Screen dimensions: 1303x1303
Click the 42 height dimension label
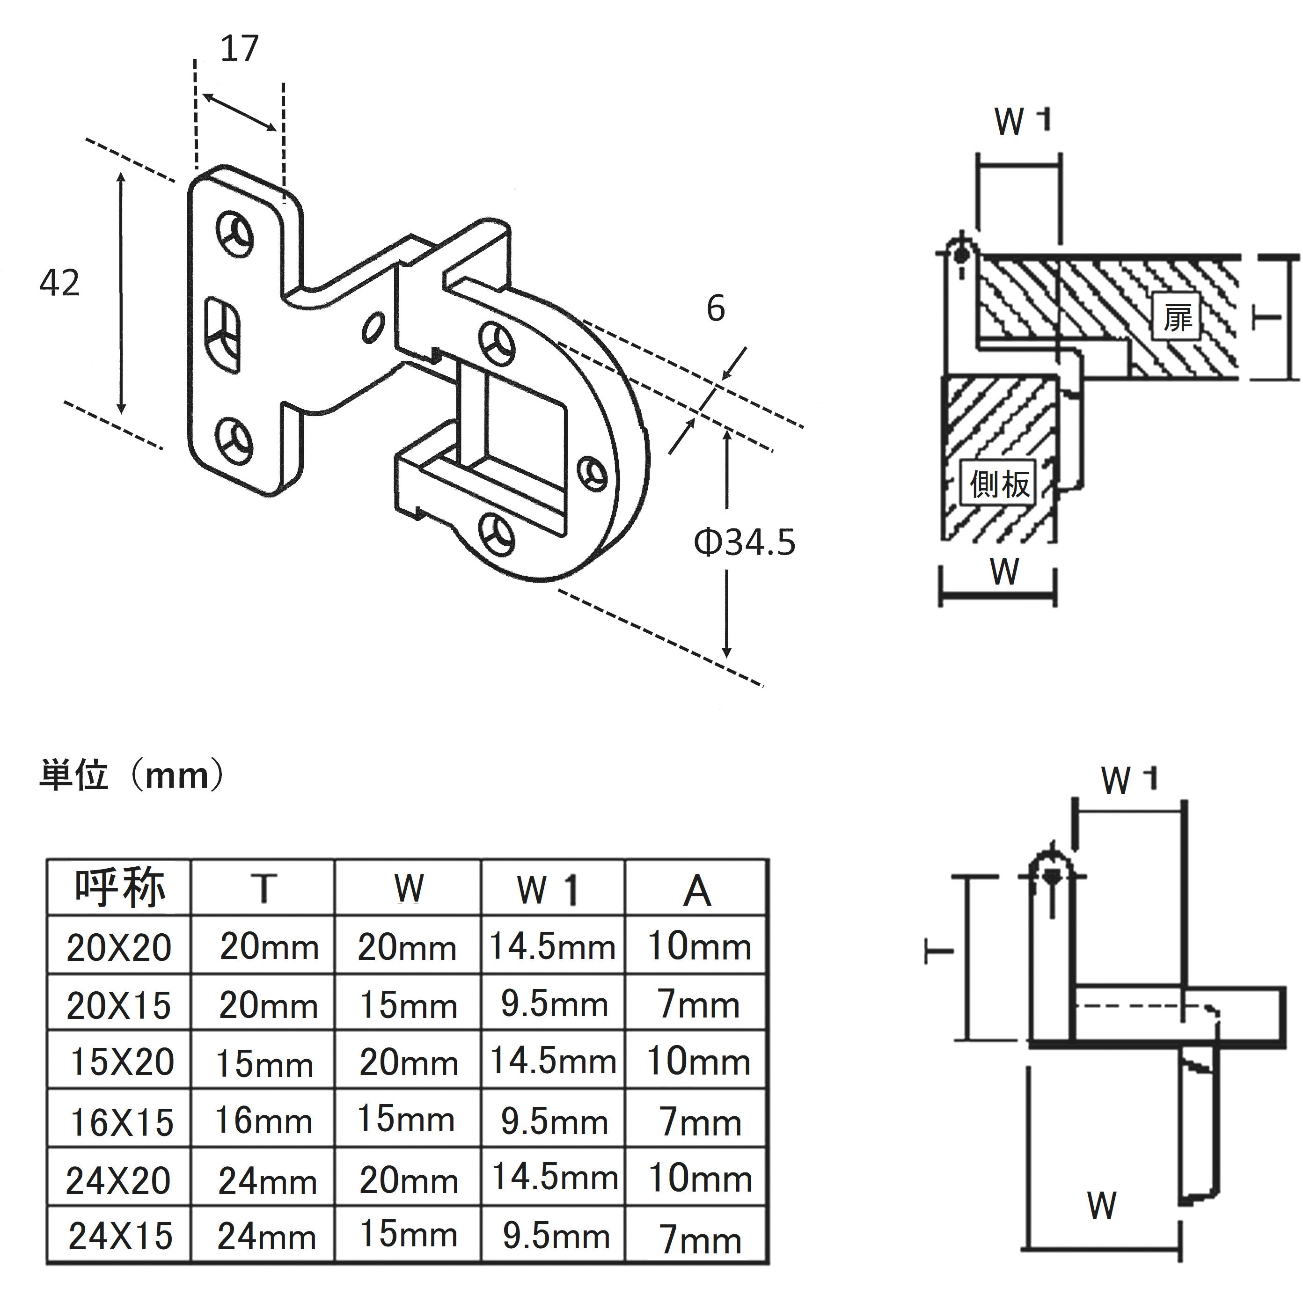[x=59, y=283]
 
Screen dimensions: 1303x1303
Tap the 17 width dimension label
[x=240, y=49]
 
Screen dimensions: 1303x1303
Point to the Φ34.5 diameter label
[x=745, y=542]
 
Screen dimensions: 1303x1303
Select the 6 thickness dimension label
[x=716, y=308]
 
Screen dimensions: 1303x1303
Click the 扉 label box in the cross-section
[x=1177, y=317]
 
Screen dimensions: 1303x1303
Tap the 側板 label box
[x=999, y=483]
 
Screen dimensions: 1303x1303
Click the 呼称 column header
[x=119, y=887]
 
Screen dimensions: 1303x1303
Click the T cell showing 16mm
[x=264, y=1120]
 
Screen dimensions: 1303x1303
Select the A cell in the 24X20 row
[x=699, y=1178]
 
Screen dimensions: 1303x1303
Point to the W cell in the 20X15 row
[x=408, y=1005]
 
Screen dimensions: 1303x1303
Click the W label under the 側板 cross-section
[x=1004, y=571]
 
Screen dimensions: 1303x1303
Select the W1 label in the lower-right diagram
[x=1129, y=780]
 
